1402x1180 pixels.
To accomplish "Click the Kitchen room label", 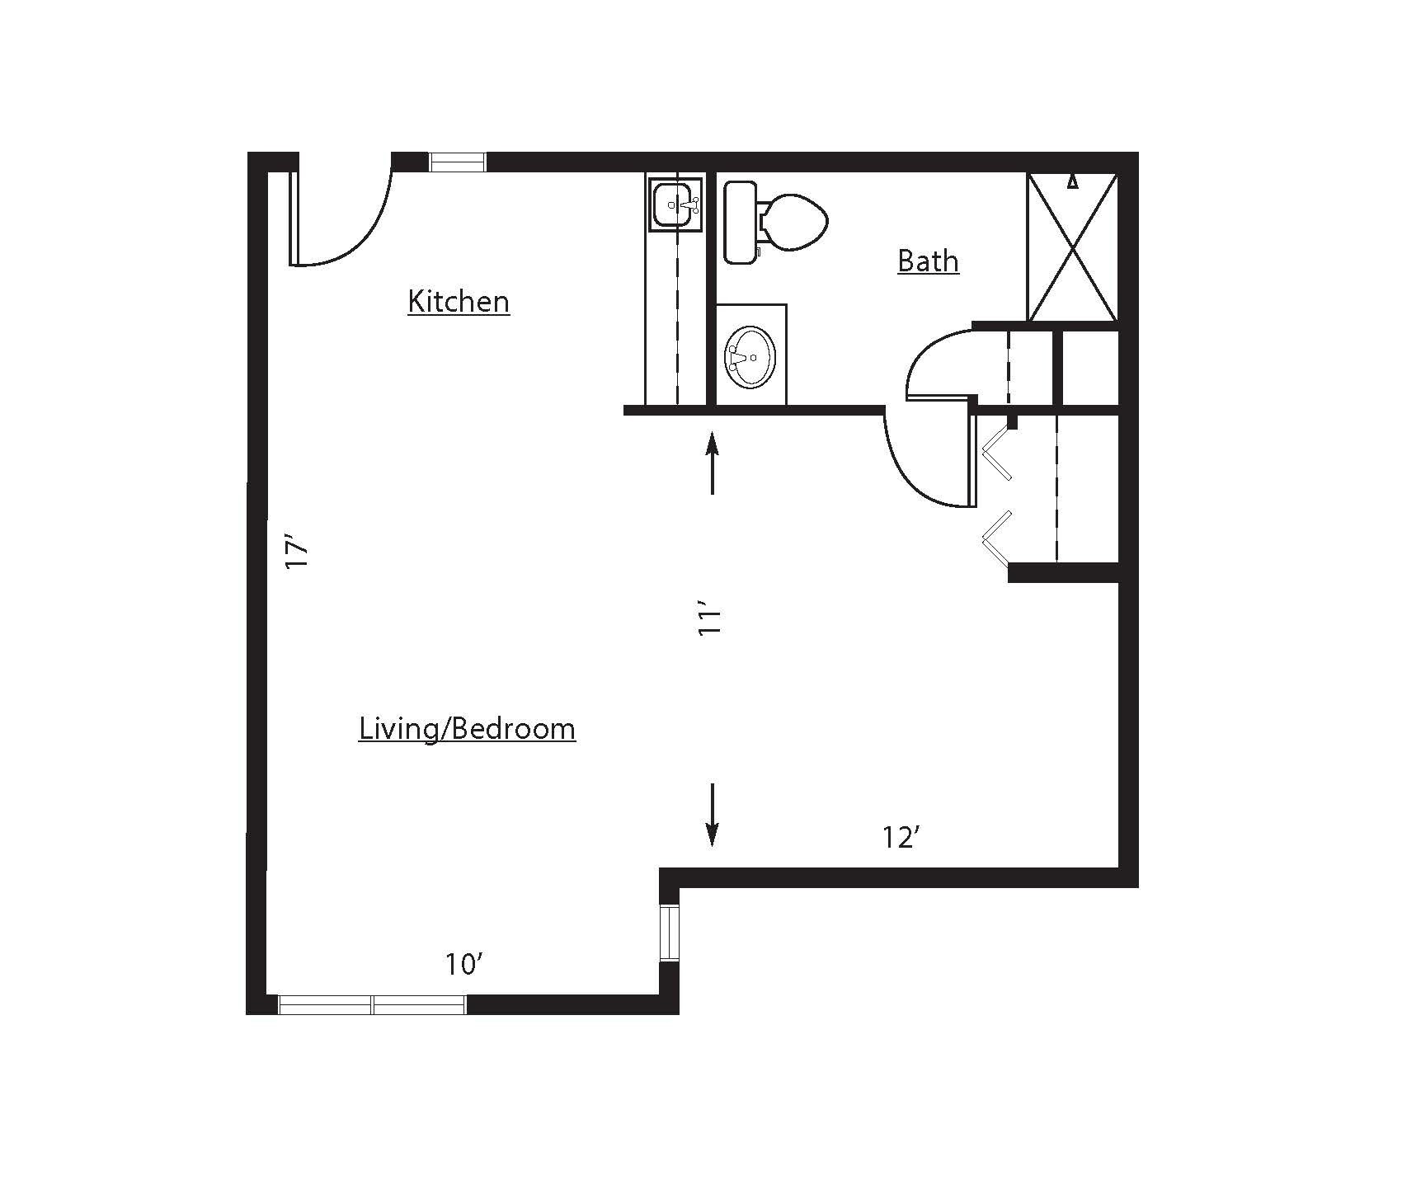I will pyautogui.click(x=459, y=301).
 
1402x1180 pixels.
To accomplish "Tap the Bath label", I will pyautogui.click(x=928, y=261).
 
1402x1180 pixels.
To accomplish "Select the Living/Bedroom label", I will pyautogui.click(x=467, y=729).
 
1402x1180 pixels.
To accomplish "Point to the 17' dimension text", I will pyautogui.click(x=296, y=552).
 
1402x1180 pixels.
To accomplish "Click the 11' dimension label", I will pyautogui.click(x=709, y=622).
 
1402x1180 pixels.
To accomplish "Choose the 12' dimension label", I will pyautogui.click(x=901, y=838).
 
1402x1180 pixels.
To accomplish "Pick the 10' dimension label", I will pyautogui.click(x=463, y=964).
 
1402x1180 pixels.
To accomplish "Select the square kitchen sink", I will pyautogui.click(x=674, y=202).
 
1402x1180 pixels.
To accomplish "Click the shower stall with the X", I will pyautogui.click(x=1072, y=247).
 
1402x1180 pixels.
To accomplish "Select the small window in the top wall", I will pyautogui.click(x=458, y=162).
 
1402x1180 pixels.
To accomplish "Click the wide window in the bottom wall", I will pyautogui.click(x=373, y=1004).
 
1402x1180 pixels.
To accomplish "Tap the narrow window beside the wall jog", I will pyautogui.click(x=669, y=933).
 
